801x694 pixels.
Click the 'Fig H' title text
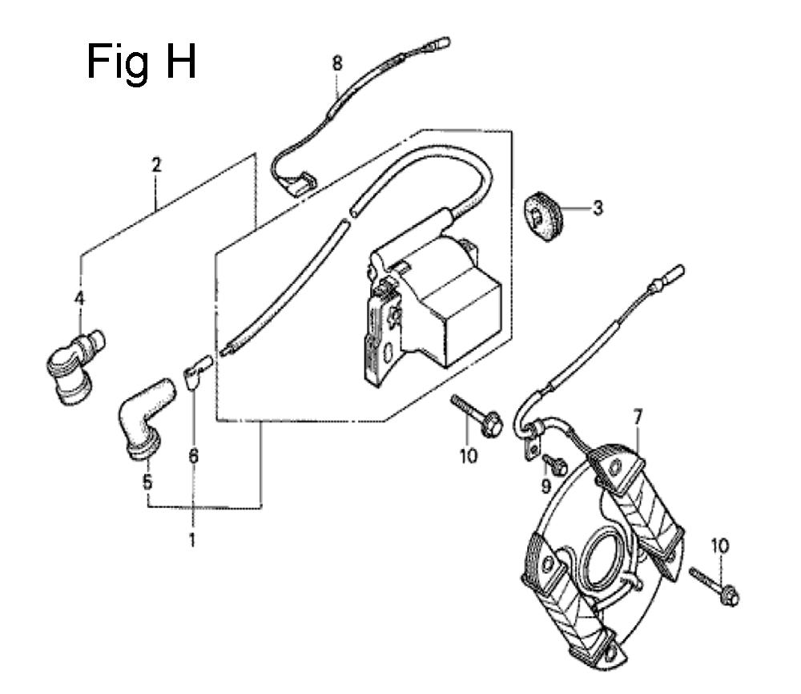pos(142,63)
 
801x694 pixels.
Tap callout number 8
pos(336,64)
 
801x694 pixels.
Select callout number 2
pos(156,165)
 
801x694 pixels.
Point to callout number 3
pos(598,208)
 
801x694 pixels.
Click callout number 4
pos(79,298)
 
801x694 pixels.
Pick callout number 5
pos(147,482)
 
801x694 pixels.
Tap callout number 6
pos(193,456)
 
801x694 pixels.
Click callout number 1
pos(192,540)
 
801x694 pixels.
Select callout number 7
pos(637,418)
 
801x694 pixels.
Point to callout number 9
pos(546,486)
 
